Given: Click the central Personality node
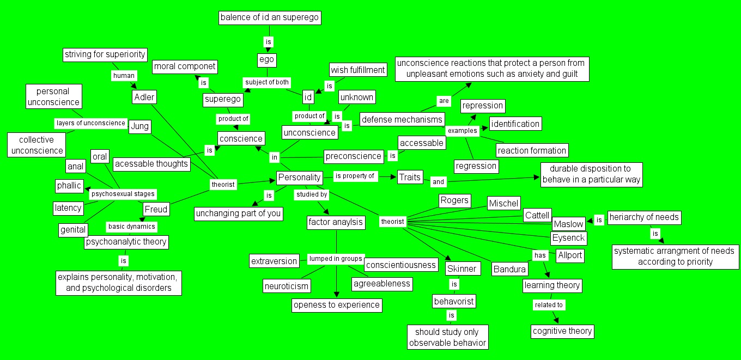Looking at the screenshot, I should click(x=299, y=178).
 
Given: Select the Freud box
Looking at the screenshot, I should click(x=156, y=209).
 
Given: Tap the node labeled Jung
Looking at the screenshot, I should click(x=140, y=126).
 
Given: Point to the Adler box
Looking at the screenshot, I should click(x=144, y=97).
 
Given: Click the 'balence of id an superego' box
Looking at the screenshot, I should click(x=269, y=18).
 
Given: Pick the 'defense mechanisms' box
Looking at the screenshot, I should click(x=402, y=119).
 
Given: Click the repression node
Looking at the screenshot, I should click(x=483, y=106).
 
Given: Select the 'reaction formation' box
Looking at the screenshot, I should click(x=532, y=150).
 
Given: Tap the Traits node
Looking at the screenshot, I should click(x=410, y=177).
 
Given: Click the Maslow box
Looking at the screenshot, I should click(x=569, y=224).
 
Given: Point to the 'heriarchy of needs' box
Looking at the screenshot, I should click(x=644, y=217).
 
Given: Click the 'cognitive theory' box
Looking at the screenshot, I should click(x=562, y=331).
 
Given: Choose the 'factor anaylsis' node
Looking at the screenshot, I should click(x=336, y=222).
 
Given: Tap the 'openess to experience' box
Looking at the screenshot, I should click(x=337, y=305).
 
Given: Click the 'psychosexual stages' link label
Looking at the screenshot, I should click(x=123, y=193).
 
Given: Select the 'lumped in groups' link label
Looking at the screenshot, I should click(x=336, y=259).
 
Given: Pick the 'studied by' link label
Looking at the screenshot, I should click(x=311, y=194).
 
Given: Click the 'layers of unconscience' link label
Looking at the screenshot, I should click(x=91, y=123).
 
